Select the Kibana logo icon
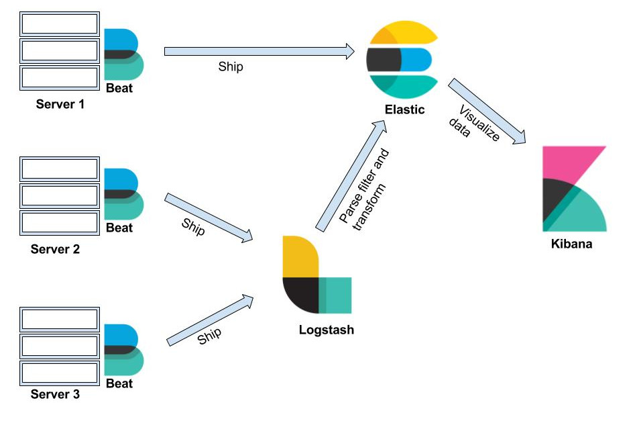pyautogui.click(x=574, y=189)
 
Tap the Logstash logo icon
pyautogui.click(x=316, y=275)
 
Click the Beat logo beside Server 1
pyautogui.click(x=123, y=54)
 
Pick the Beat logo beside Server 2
pyautogui.click(x=123, y=194)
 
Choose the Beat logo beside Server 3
pyautogui.click(x=123, y=350)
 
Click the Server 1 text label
pyautogui.click(x=60, y=104)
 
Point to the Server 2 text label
pyautogui.click(x=55, y=249)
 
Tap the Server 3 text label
pyautogui.click(x=55, y=394)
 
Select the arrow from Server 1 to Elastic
pyautogui.click(x=259, y=52)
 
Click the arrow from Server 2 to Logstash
pyautogui.click(x=209, y=218)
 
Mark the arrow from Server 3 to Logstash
pyautogui.click(x=210, y=320)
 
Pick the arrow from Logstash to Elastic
pyautogui.click(x=351, y=176)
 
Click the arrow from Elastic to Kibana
pyautogui.click(x=487, y=111)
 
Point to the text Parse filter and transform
pyautogui.click(x=364, y=189)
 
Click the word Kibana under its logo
pyautogui.click(x=571, y=244)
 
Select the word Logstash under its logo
pyautogui.click(x=327, y=330)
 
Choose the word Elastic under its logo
pyautogui.click(x=404, y=109)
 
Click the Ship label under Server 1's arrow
pyautogui.click(x=231, y=66)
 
